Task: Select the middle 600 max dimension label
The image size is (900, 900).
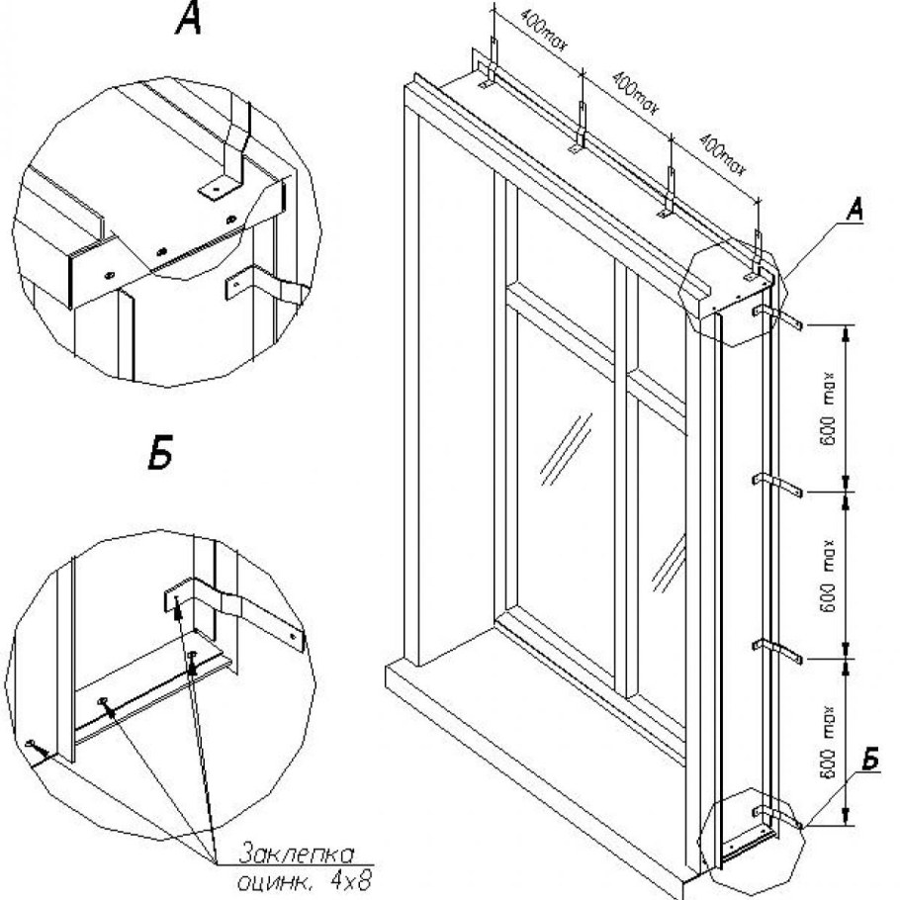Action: (x=829, y=573)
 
